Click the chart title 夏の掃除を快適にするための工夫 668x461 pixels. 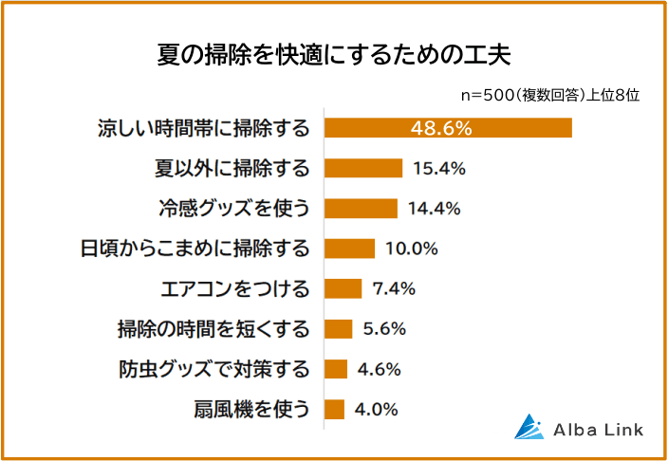coord(334,54)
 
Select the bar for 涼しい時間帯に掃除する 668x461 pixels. coord(448,128)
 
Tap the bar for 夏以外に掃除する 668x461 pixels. coord(363,169)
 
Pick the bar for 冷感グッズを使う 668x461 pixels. coord(361,209)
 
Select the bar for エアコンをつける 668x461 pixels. coord(343,288)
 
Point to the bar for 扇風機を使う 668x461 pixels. coord(334,409)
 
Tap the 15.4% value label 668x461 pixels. coord(438,169)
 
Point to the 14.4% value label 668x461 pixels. coord(434,209)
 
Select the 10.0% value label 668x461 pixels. coord(412,249)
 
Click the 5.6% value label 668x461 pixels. coord(384,329)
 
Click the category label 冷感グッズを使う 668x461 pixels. coord(233,209)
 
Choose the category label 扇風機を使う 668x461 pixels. coord(253,409)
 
